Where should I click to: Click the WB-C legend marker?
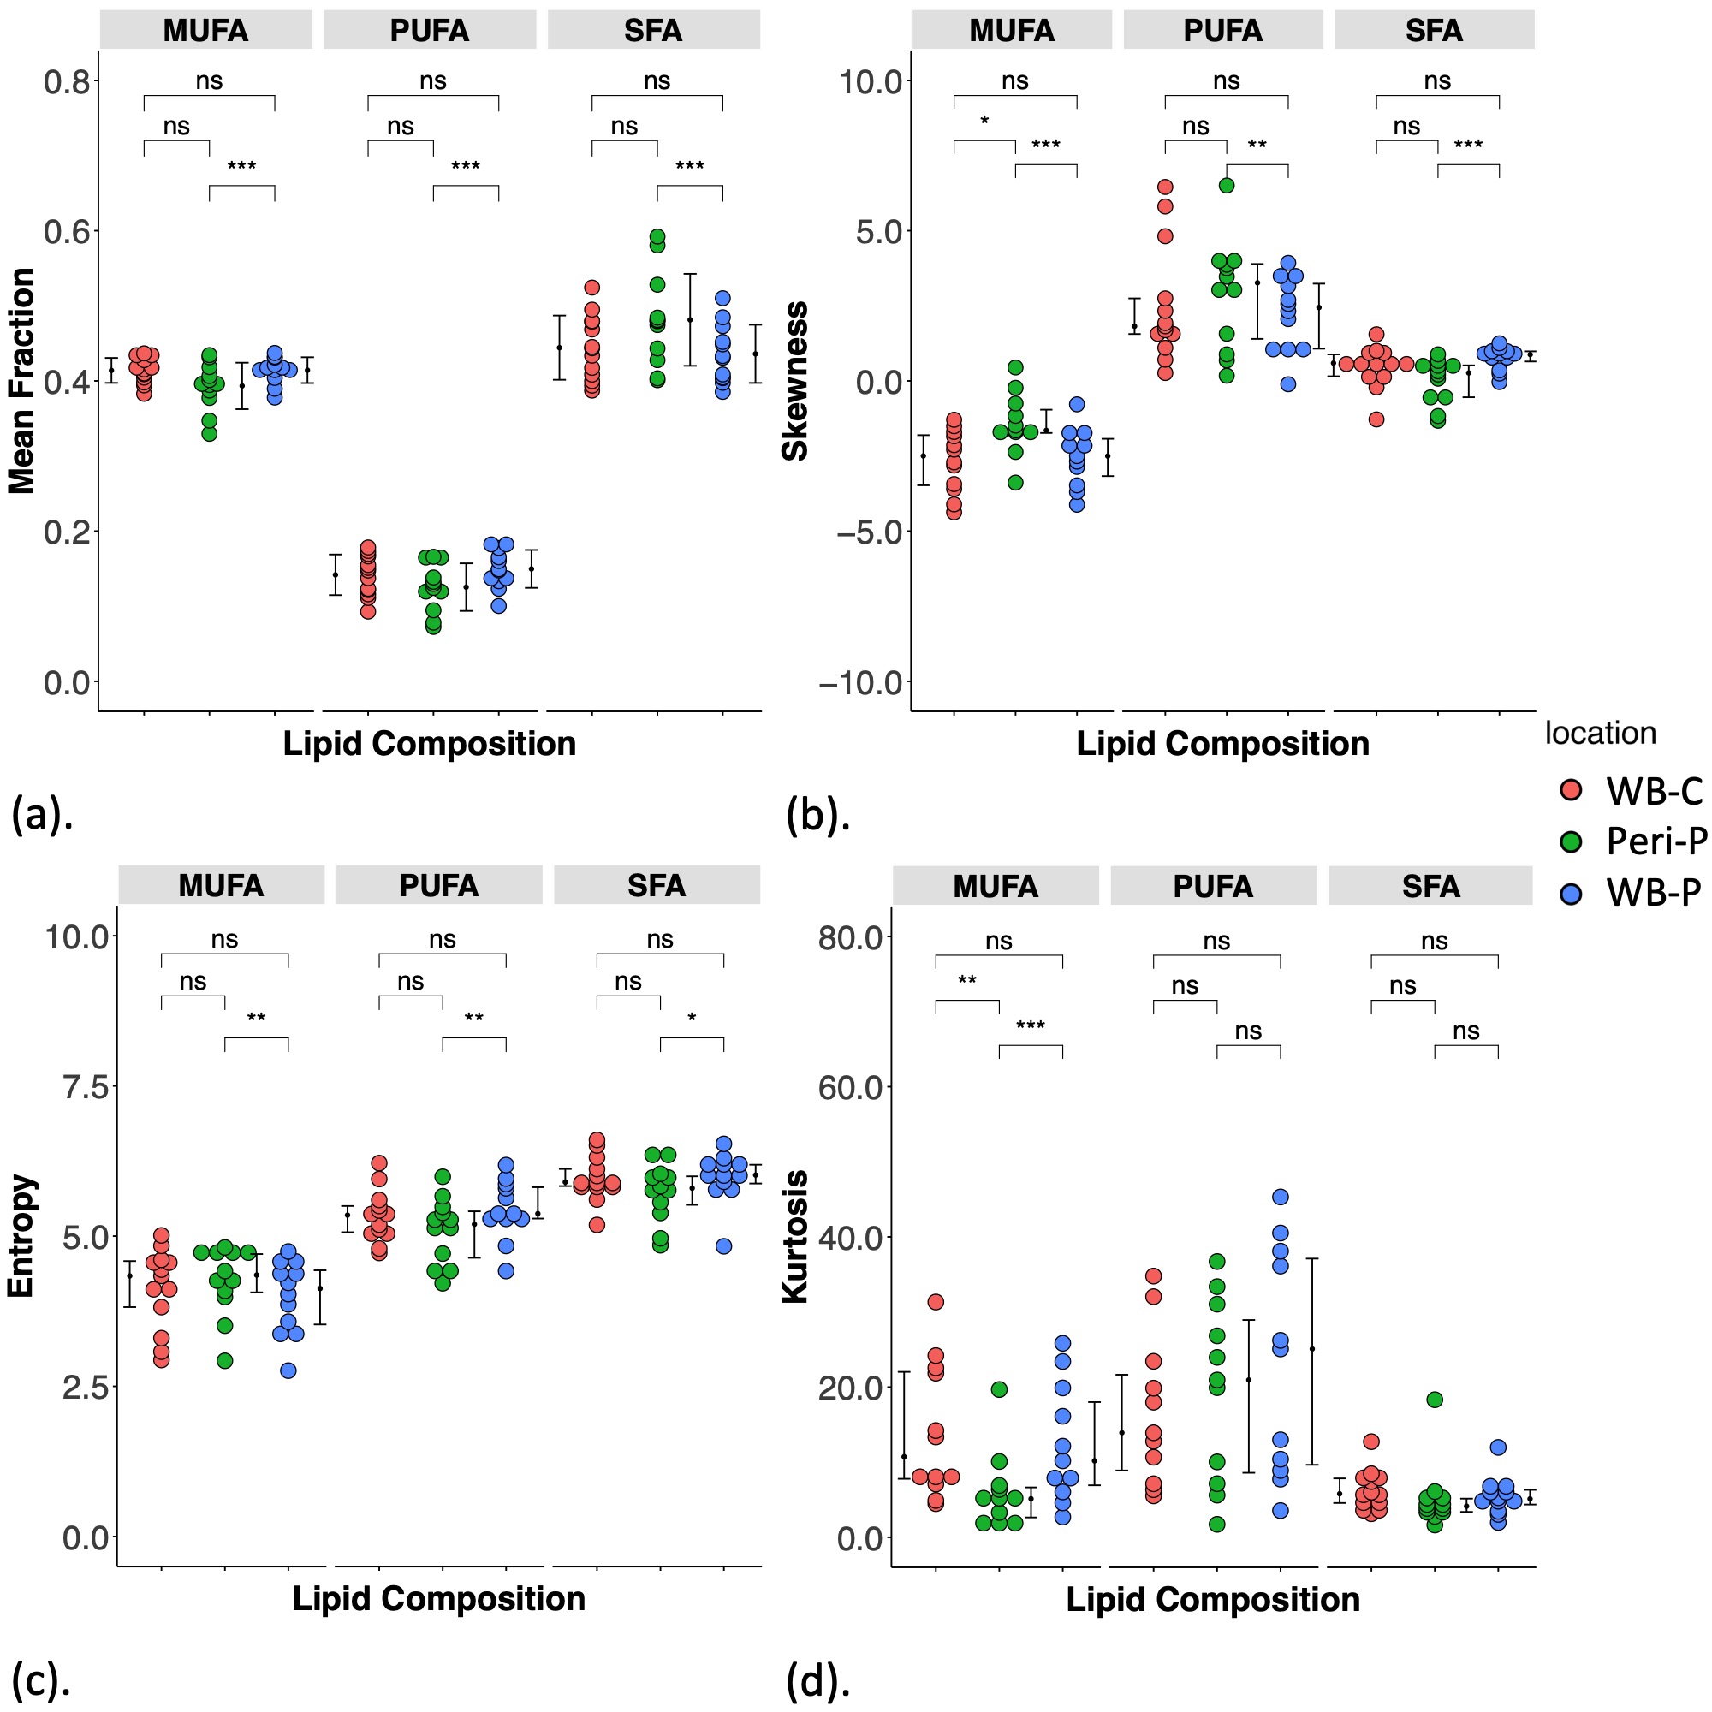(x=1570, y=789)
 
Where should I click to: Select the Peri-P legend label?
(x=1656, y=841)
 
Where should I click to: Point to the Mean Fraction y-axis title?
(x=21, y=381)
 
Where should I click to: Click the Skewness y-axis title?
(x=795, y=381)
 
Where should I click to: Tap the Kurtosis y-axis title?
(x=795, y=1236)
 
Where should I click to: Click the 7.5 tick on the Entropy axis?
(x=85, y=1087)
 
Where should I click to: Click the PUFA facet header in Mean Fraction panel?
(x=430, y=30)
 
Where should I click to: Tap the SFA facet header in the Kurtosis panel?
(x=1430, y=886)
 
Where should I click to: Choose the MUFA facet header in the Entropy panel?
(x=221, y=885)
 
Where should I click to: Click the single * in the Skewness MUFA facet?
(x=984, y=122)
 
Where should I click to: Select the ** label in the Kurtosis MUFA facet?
(x=966, y=982)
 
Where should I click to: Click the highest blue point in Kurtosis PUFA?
(x=1281, y=1198)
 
